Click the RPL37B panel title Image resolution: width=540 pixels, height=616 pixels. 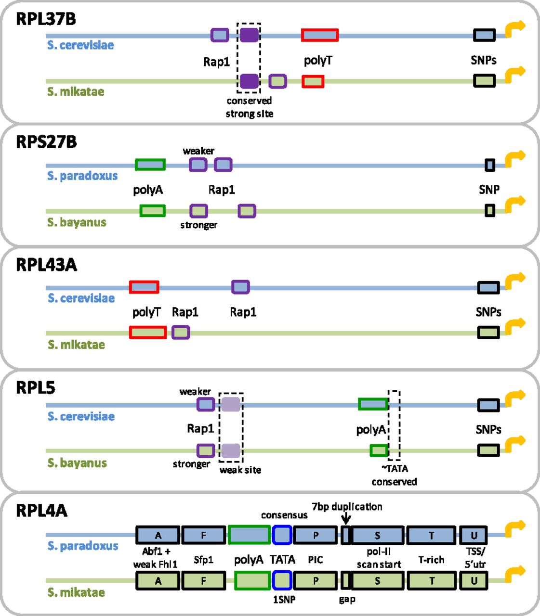click(x=46, y=19)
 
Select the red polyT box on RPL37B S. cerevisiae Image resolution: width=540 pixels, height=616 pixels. click(x=320, y=35)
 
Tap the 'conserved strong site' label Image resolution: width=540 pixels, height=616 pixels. click(x=250, y=107)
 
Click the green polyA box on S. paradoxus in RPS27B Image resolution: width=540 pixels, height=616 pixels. click(x=150, y=165)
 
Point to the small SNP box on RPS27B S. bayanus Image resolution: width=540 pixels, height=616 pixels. click(x=490, y=211)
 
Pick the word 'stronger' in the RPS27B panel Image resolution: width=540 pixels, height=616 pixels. click(x=198, y=225)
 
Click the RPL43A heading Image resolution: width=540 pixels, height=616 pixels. click(x=46, y=265)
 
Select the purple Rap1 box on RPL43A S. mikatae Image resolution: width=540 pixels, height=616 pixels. click(x=181, y=332)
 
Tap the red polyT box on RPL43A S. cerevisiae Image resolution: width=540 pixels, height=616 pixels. click(x=144, y=287)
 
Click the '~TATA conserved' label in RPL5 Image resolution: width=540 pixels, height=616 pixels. click(x=394, y=475)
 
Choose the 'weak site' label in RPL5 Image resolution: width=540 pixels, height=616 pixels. click(x=240, y=470)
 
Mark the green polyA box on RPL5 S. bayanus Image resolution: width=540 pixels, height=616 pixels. click(x=379, y=450)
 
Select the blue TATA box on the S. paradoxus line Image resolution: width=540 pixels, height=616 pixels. click(x=282, y=535)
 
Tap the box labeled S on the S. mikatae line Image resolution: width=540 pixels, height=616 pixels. click(x=378, y=581)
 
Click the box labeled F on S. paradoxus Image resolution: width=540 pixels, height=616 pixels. click(x=203, y=535)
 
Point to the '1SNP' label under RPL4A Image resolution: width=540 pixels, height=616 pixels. click(x=284, y=600)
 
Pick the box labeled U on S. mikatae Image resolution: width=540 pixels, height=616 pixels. click(x=474, y=581)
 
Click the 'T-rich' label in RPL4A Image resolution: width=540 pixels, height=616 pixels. click(x=431, y=560)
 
